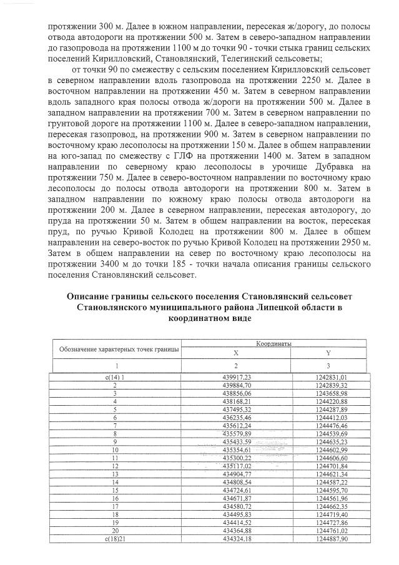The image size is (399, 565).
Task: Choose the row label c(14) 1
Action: coord(115,378)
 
